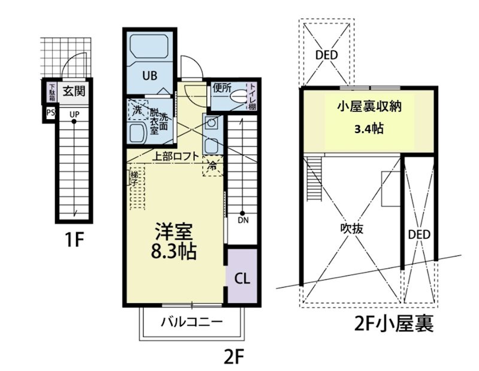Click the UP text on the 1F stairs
(74, 113)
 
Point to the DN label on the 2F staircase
(242, 220)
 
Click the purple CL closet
(242, 279)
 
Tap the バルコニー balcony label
(192, 321)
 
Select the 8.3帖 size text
(174, 252)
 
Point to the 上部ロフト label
(175, 156)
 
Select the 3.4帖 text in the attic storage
(369, 129)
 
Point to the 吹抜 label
(353, 229)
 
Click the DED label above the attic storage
(327, 55)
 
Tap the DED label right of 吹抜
(419, 234)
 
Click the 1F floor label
(74, 242)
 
